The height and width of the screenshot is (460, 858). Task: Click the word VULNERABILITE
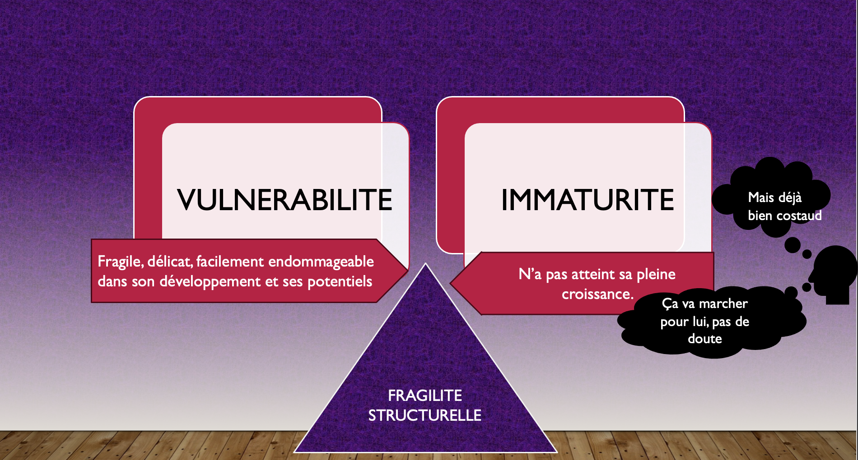coord(284,200)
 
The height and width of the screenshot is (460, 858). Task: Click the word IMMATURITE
coord(588,200)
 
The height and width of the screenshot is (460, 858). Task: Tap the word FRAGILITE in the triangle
coord(425,396)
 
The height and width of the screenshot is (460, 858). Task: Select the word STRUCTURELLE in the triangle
coord(425,415)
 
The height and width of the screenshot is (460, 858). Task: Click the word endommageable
coord(321,262)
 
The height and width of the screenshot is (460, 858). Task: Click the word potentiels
coord(340,282)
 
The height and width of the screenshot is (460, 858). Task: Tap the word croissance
coord(597,294)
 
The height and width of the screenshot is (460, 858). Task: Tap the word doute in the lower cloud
coord(705,339)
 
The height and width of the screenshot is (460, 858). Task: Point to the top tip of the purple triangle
coord(425,263)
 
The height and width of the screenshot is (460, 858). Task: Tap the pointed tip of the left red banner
coord(408,271)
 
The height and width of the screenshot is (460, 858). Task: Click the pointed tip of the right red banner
coord(451,283)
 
